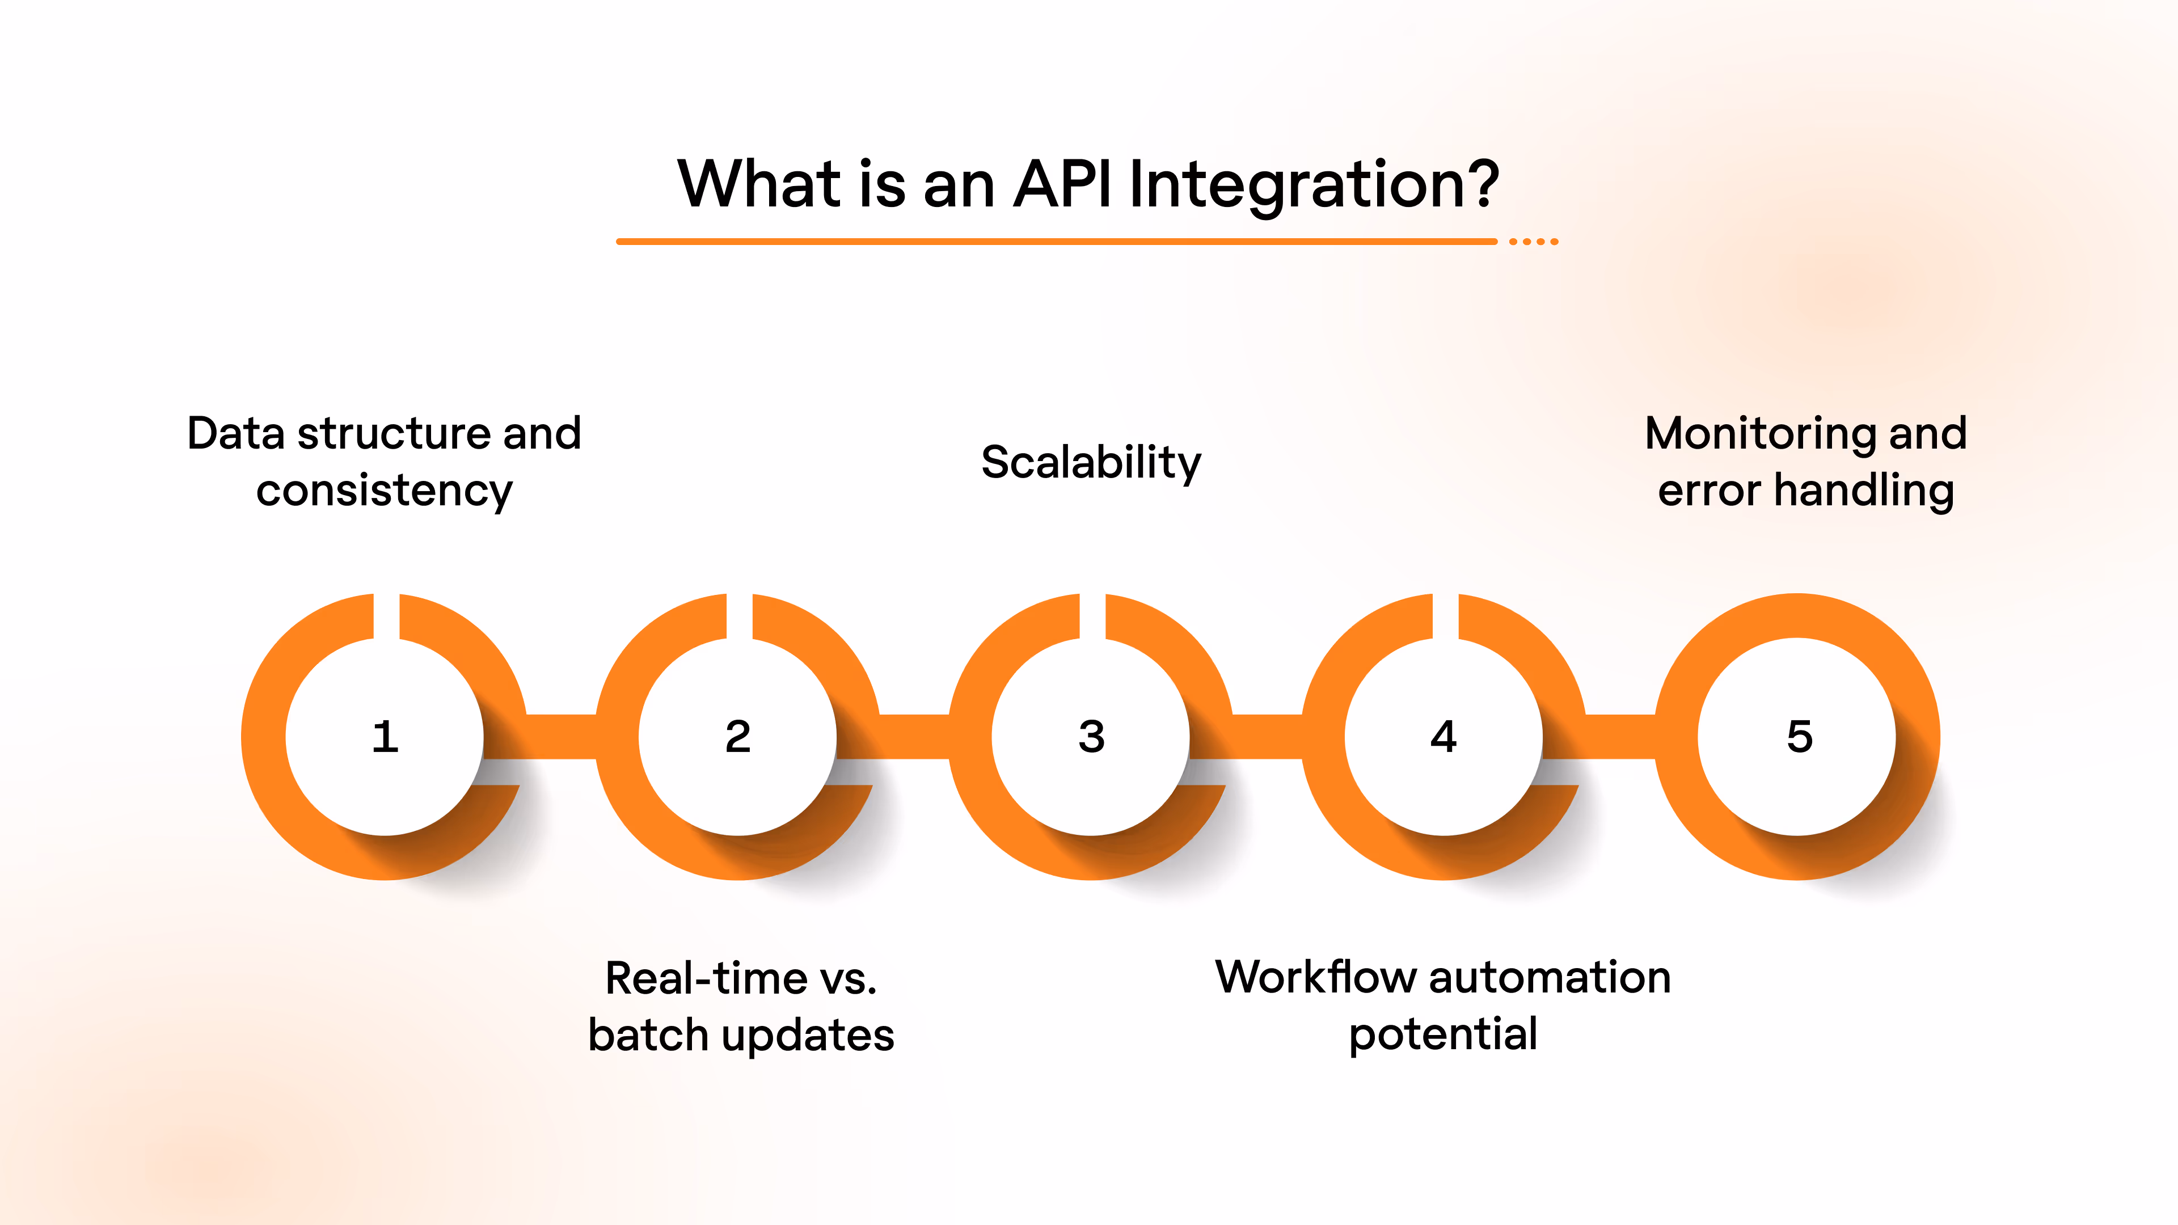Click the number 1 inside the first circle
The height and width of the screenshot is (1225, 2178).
pos(386,736)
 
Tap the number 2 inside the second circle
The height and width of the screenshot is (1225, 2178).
pos(738,736)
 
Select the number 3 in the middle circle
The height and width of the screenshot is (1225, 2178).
pos(1091,736)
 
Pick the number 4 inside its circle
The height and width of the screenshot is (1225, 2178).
pos(1444,736)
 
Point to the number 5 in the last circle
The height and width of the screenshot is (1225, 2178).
pos(1799,736)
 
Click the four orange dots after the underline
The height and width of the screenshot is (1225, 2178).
pos(1534,242)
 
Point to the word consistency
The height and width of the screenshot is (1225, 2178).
pos(385,491)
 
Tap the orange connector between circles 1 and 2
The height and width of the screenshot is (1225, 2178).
pos(562,736)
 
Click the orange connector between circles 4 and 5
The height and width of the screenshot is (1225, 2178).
pos(1620,736)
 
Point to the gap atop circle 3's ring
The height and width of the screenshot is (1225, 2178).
pos(1092,615)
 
